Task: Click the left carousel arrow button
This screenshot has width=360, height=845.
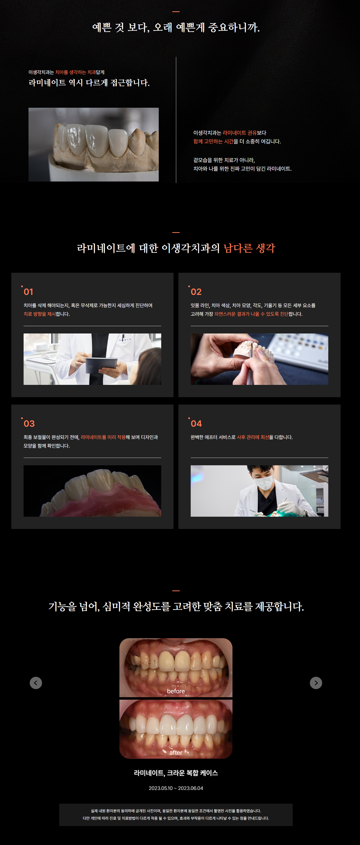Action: [x=36, y=683]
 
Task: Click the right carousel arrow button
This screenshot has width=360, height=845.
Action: [x=316, y=683]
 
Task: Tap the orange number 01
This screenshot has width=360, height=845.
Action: [x=29, y=292]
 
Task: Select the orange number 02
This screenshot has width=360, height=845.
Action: [x=196, y=292]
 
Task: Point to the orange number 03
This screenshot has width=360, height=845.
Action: [x=29, y=423]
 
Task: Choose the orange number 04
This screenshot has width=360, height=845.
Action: [x=196, y=423]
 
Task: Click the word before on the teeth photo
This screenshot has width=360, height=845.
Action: [x=176, y=691]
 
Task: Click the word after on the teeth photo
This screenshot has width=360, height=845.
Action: [x=176, y=753]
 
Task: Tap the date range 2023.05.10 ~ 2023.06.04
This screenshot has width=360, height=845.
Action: [x=176, y=788]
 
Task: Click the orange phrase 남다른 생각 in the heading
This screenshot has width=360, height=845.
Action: [x=249, y=248]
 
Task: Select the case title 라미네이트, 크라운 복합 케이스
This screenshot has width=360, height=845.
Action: [x=176, y=773]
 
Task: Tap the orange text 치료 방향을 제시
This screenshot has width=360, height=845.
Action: [x=40, y=314]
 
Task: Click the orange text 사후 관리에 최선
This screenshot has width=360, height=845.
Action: [x=253, y=437]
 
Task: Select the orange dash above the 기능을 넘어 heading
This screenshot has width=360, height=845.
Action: [x=176, y=591]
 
